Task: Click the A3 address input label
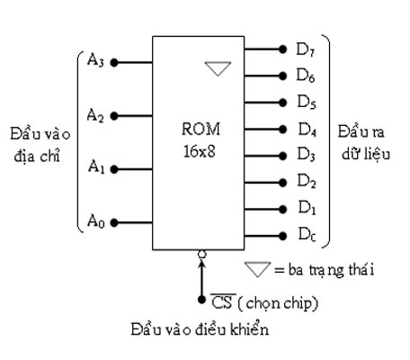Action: point(94,60)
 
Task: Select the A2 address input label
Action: point(94,114)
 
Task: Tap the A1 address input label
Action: point(94,166)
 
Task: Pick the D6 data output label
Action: point(306,75)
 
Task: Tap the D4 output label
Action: point(306,129)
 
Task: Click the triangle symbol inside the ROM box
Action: point(218,67)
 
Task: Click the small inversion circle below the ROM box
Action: point(201,254)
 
